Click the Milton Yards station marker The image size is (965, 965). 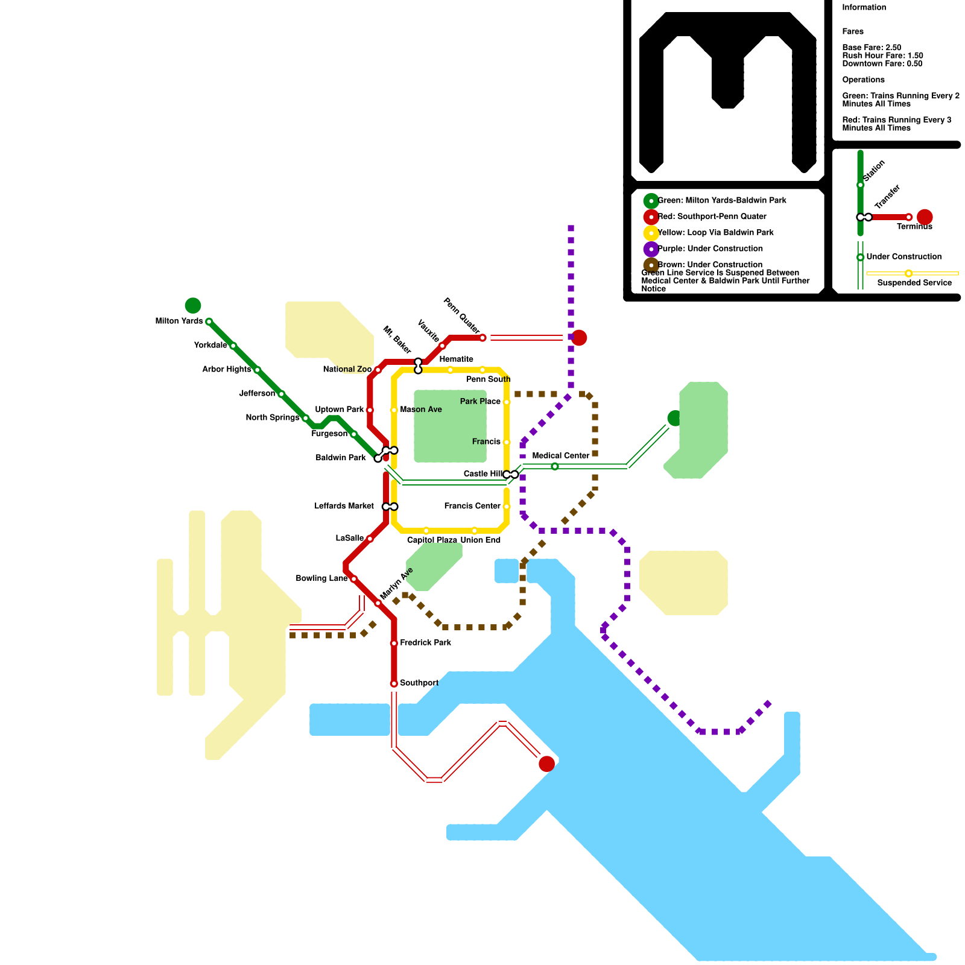(x=209, y=321)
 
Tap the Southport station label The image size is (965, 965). (x=419, y=683)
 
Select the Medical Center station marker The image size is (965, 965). (x=555, y=466)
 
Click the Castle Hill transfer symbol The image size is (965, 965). (x=511, y=475)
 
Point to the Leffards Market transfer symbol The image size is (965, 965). (x=390, y=507)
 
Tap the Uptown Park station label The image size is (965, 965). (x=340, y=410)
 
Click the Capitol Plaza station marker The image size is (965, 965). (x=426, y=531)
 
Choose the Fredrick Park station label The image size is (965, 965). (x=425, y=642)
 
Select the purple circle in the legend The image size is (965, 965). (x=651, y=248)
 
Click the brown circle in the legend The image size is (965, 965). (x=651, y=265)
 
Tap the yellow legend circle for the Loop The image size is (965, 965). (x=651, y=233)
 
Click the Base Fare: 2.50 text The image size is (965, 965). (x=872, y=47)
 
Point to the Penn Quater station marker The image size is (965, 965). (x=482, y=338)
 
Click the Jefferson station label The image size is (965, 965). (x=257, y=393)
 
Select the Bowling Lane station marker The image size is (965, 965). (x=354, y=579)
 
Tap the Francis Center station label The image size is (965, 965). (x=472, y=506)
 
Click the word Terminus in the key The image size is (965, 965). (x=914, y=227)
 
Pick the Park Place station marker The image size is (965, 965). (x=507, y=402)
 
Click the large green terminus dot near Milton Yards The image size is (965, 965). (x=193, y=306)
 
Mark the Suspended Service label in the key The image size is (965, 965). (x=914, y=282)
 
